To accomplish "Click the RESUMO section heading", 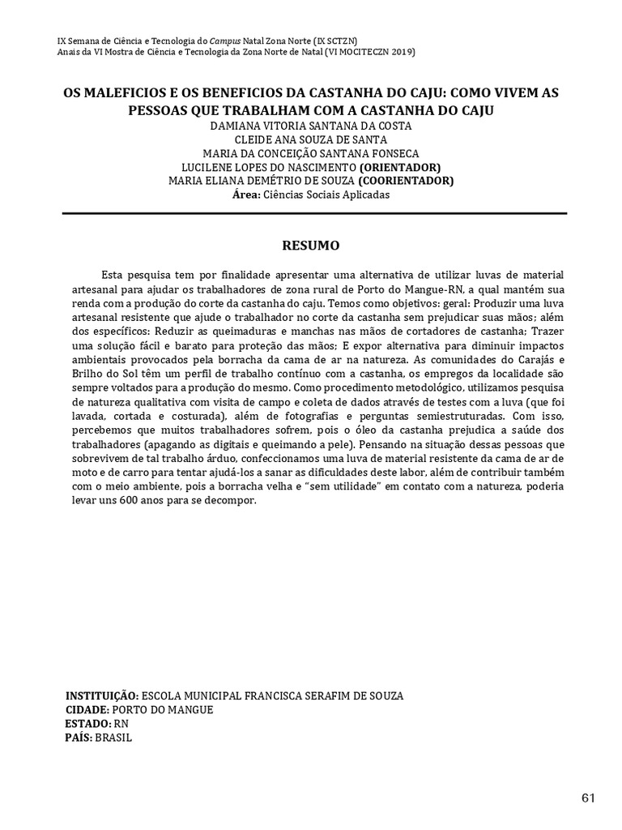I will (x=310, y=244).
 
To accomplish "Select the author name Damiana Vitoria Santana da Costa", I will (x=311, y=126).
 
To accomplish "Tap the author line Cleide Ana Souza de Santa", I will (x=311, y=139).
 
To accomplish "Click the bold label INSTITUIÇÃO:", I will (x=101, y=696).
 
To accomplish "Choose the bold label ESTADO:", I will (x=87, y=724).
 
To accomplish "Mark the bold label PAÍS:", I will (x=79, y=738).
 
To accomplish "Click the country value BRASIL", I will (x=113, y=738).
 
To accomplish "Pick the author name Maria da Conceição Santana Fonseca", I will (x=311, y=153).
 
